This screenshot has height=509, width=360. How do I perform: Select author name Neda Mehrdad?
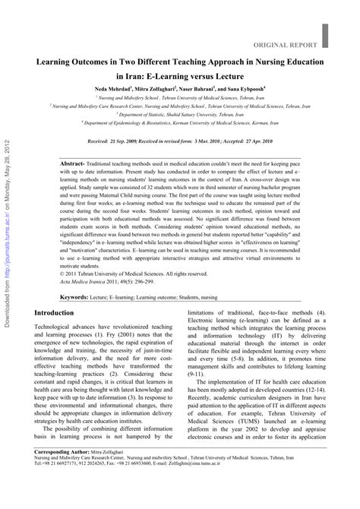pyautogui.click(x=111, y=90)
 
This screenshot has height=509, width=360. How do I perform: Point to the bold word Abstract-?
pyautogui.click(x=72, y=143)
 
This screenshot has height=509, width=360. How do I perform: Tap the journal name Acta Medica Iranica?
pyautogui.click(x=86, y=283)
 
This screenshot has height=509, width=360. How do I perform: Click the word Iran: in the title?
pyautogui.click(x=128, y=76)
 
